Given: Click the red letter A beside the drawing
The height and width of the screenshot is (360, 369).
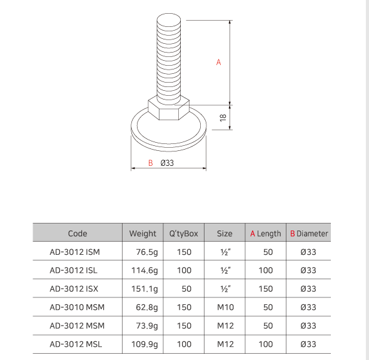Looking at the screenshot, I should coord(218,62).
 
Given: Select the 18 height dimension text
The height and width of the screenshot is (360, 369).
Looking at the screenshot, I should coord(223,117).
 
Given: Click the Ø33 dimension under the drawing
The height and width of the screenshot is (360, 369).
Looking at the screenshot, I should coord(167,163).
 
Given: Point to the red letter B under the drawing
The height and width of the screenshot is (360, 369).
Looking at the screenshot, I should coord(150,163).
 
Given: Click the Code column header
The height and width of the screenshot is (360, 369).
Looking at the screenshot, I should coord(78,234).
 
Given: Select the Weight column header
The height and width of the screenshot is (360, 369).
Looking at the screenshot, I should coord(143,234).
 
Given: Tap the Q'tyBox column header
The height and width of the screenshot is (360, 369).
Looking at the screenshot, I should coord(184,234).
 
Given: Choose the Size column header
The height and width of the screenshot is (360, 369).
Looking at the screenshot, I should coord(225,234).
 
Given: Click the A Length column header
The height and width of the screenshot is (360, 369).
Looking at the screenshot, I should coord(266,234).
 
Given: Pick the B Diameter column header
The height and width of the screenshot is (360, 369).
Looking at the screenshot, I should coord(308,234).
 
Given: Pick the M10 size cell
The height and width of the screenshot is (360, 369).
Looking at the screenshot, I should coord(225,307).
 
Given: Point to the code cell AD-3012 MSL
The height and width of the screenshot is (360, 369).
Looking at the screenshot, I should coord(75,344).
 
